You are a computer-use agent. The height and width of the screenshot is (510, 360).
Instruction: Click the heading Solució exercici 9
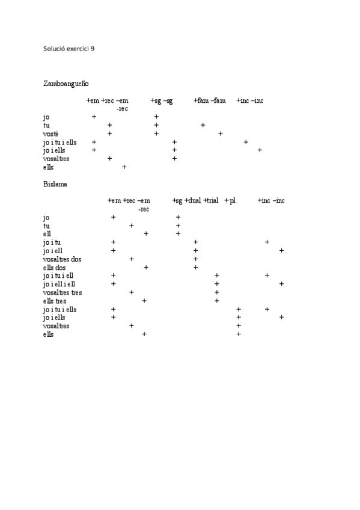point(69,49)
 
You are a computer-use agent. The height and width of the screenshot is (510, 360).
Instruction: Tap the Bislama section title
point(55,183)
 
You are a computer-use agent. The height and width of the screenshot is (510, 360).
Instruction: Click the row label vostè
point(51,134)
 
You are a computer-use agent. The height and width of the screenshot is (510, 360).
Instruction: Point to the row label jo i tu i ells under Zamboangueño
point(60,142)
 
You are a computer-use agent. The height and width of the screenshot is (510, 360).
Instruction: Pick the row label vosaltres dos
point(63,259)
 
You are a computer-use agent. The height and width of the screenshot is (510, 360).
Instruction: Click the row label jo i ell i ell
point(59,284)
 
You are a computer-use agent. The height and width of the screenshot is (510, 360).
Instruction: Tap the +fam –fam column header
point(209,100)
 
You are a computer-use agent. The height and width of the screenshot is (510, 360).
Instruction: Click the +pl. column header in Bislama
point(231,200)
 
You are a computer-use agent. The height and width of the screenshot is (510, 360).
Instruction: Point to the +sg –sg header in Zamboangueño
point(162,100)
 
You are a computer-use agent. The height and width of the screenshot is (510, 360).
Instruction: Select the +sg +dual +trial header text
point(195,200)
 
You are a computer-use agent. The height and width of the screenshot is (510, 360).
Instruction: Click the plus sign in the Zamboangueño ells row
point(124,167)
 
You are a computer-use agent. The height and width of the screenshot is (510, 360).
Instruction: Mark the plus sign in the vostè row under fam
point(221,134)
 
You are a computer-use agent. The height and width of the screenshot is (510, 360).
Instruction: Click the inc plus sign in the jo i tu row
point(267,242)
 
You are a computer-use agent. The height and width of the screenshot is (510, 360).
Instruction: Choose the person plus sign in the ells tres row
point(144,300)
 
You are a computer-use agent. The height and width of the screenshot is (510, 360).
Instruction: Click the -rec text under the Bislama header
point(144,209)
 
